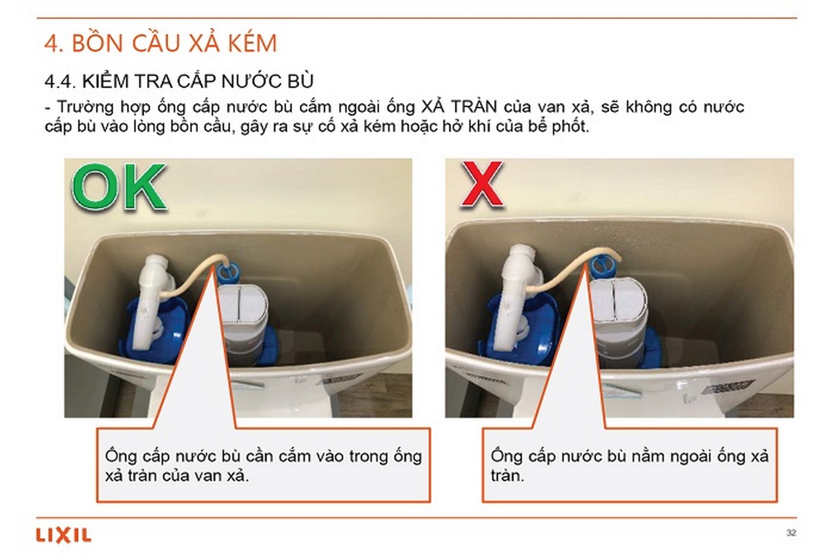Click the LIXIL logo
tap(63, 535)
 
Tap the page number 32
tap(791, 533)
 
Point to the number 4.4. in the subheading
tap(60, 81)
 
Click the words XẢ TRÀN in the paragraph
tap(458, 107)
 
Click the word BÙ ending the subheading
tap(301, 81)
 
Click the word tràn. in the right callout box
tap(507, 476)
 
